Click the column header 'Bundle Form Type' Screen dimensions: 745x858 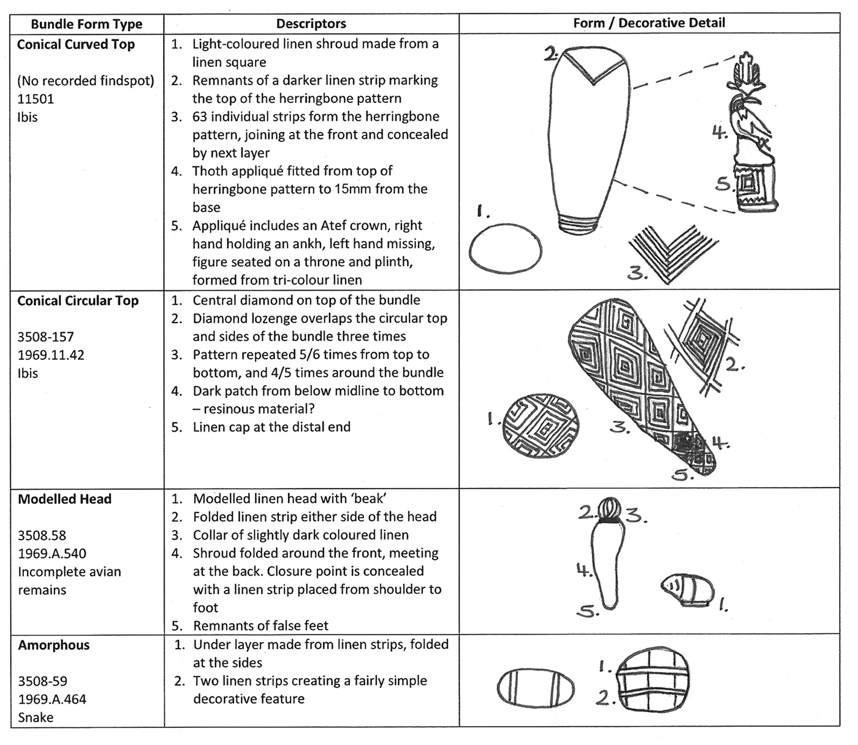86,25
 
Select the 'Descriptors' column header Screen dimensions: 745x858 311,24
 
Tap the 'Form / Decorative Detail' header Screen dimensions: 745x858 649,23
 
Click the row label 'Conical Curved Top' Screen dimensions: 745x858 76,44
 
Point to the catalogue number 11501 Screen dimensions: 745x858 36,99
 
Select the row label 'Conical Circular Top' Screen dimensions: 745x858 78,301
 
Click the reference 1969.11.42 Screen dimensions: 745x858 51,355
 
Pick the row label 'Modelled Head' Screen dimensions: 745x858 64,499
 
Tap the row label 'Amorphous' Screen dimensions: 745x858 54,645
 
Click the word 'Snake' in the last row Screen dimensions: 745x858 36,717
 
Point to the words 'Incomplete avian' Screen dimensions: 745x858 69,572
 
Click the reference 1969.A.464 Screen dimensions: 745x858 52,699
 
